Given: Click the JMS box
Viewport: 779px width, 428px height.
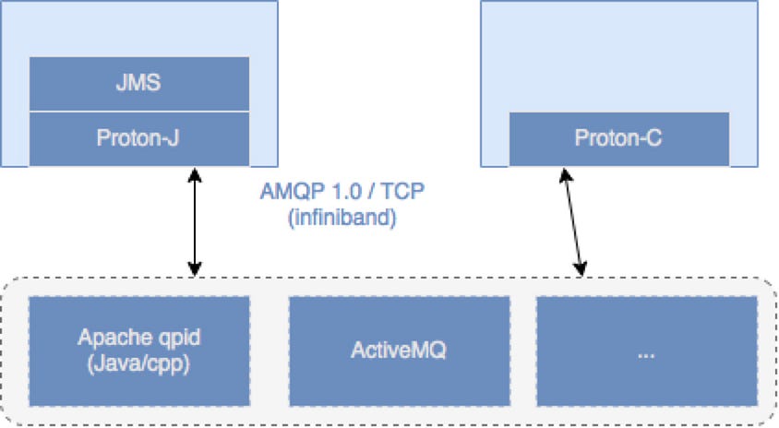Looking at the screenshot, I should [140, 84].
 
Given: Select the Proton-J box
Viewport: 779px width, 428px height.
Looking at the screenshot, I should [140, 138].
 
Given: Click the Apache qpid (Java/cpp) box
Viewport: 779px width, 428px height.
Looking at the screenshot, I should [140, 351].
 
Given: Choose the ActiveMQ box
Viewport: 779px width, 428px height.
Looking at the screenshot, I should [399, 351].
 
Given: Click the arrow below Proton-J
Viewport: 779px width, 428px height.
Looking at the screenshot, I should [195, 221].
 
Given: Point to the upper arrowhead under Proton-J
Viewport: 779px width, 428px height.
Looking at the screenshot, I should [195, 173].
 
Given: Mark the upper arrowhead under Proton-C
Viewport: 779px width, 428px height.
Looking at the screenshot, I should [562, 173].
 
